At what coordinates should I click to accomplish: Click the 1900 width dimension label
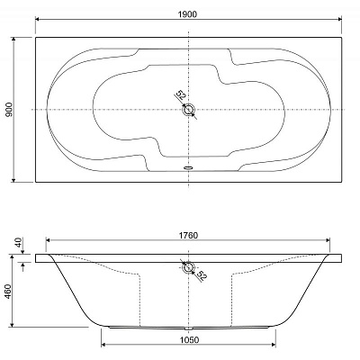coord(189,14)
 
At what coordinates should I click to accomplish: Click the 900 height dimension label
coord(9,110)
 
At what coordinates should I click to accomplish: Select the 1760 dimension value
coord(188,236)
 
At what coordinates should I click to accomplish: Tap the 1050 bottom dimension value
coord(189,339)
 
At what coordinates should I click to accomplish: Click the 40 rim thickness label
coord(19,242)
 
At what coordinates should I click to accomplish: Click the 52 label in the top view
coord(181,95)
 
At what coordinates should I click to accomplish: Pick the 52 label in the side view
coord(202,275)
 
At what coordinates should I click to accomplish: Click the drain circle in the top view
coord(189,110)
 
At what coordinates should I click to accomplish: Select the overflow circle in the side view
coord(188,266)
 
